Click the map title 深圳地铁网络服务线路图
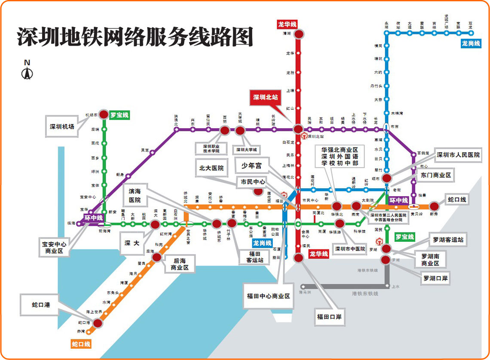pos(135,37)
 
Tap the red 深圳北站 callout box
pos(265,98)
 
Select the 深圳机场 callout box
pos(62,126)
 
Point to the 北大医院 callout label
pos(211,168)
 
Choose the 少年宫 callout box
pos(251,165)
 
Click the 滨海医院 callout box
pos(135,195)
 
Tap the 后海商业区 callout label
pos(180,264)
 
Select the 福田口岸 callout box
pos(329,317)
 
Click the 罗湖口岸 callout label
pos(435,278)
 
